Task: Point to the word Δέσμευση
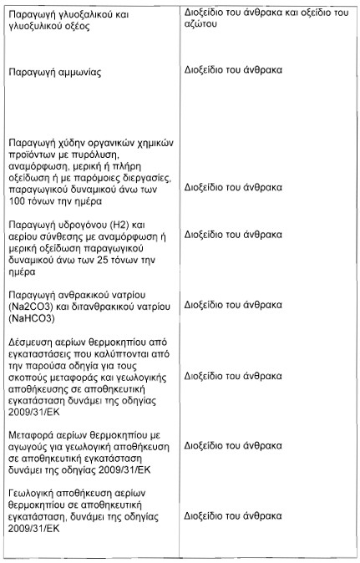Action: point(30,342)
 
